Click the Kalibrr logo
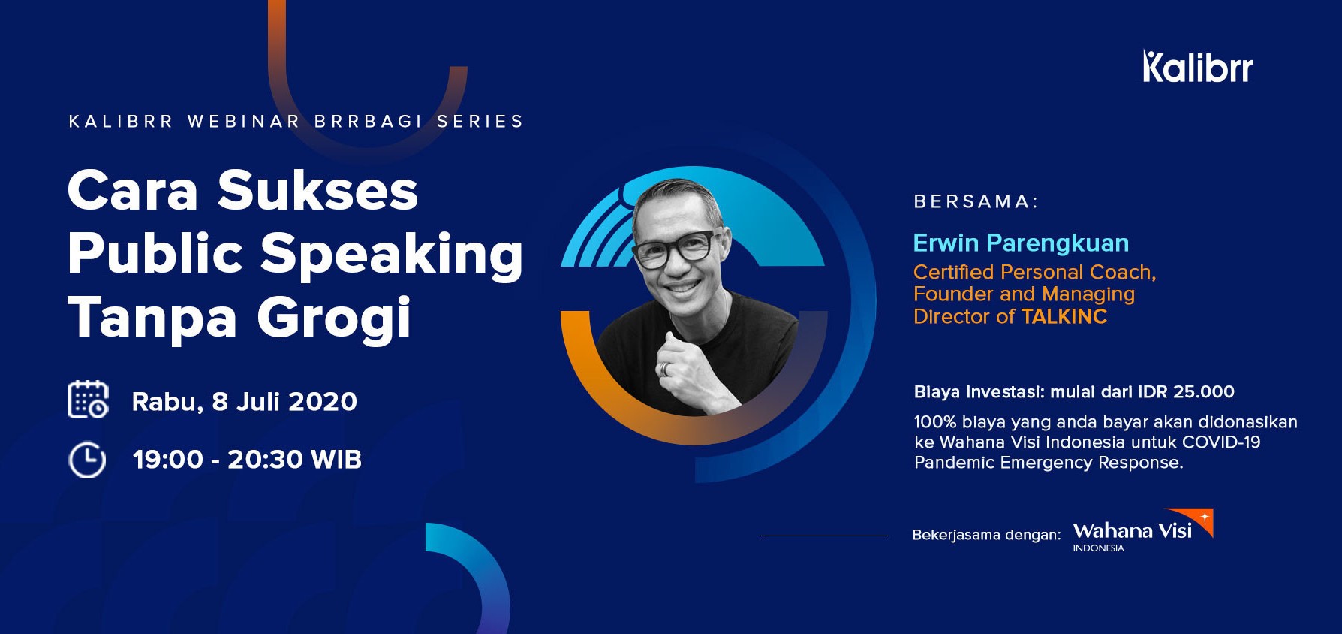coord(1197,66)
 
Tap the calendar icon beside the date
coord(89,399)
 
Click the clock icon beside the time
coord(87,460)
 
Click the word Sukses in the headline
coord(317,190)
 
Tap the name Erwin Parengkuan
coord(1021,243)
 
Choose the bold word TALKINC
coord(1064,316)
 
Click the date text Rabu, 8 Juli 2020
coord(245,401)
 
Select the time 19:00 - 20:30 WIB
coord(247,460)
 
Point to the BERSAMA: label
coord(976,201)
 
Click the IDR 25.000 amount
coord(1186,391)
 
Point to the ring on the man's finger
coord(663,369)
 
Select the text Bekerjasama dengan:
coord(986,535)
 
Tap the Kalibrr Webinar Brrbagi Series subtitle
coord(296,122)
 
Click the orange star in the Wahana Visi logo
coord(1205,517)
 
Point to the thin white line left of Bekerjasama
coord(824,536)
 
